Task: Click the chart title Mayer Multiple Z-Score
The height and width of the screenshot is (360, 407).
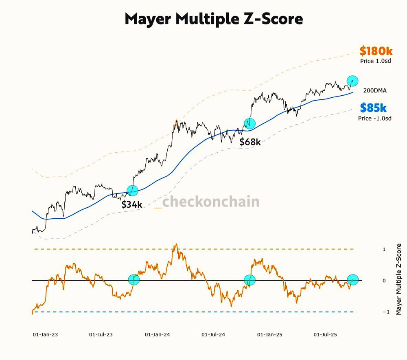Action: pyautogui.click(x=214, y=19)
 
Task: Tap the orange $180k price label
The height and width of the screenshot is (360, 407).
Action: pyautogui.click(x=376, y=51)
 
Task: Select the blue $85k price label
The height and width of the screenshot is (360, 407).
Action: pyautogui.click(x=373, y=108)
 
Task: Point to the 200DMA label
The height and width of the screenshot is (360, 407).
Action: pyautogui.click(x=374, y=90)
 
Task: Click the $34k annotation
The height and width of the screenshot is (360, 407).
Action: pyautogui.click(x=132, y=204)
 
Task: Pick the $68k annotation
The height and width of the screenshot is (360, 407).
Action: pyautogui.click(x=249, y=142)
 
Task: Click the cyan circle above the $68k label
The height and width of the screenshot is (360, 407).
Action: pyautogui.click(x=249, y=123)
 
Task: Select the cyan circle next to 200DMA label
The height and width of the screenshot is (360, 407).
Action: pyautogui.click(x=352, y=81)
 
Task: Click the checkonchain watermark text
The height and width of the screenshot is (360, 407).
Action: pyautogui.click(x=211, y=201)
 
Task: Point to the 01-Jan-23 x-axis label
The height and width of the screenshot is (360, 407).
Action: pyautogui.click(x=45, y=335)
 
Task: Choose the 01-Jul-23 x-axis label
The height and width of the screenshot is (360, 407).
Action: pyautogui.click(x=101, y=335)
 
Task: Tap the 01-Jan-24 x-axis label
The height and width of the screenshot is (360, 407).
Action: pyautogui.click(x=157, y=335)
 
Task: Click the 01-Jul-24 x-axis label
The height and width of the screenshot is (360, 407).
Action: pyautogui.click(x=214, y=335)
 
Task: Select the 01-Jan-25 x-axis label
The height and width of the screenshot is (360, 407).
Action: pyautogui.click(x=270, y=335)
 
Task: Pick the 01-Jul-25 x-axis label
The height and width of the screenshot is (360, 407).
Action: pyautogui.click(x=325, y=335)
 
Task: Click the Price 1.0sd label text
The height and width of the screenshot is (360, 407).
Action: pyautogui.click(x=376, y=61)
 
